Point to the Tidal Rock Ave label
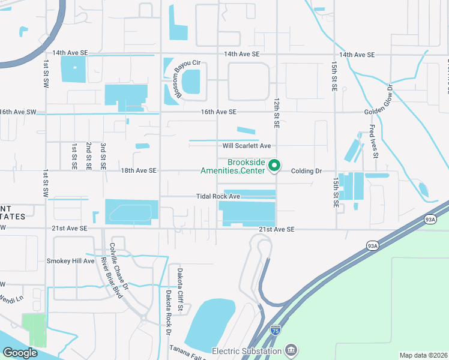tap(218, 196)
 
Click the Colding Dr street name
tap(307, 171)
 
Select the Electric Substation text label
tap(247, 351)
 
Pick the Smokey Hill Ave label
tap(71, 261)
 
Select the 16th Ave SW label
tap(18, 112)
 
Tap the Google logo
tap(20, 353)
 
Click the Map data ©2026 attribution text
tap(423, 355)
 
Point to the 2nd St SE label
tap(89, 156)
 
